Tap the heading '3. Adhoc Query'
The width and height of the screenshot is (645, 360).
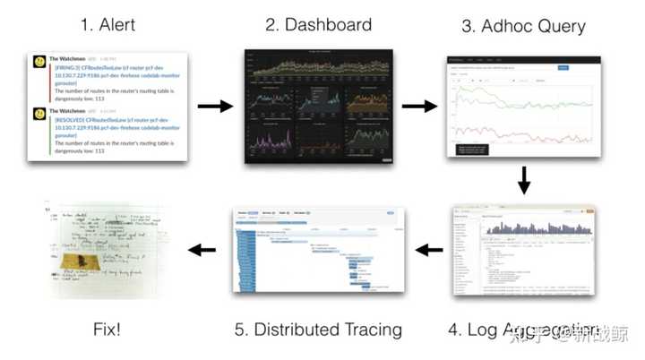[x=524, y=26]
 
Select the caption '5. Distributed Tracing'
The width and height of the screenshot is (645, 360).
[x=318, y=330]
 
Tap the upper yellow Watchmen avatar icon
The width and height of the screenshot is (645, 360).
[x=40, y=62]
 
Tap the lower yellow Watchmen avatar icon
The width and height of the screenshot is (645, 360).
[x=40, y=114]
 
